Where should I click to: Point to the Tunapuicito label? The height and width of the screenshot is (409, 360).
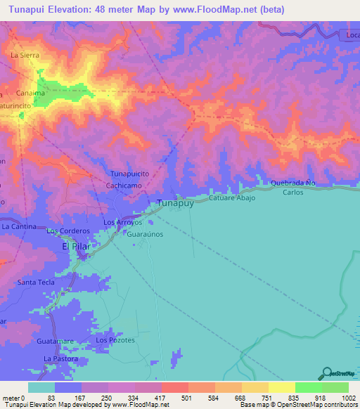pyautogui.click(x=129, y=173)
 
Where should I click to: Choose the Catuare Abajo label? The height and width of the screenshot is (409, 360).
pyautogui.click(x=231, y=199)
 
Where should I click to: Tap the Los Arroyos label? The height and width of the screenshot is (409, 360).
pyautogui.click(x=123, y=223)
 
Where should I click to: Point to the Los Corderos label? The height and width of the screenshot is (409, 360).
pyautogui.click(x=68, y=231)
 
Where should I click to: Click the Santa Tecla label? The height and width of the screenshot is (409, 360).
pyautogui.click(x=36, y=282)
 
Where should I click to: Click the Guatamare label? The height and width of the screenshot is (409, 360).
pyautogui.click(x=56, y=341)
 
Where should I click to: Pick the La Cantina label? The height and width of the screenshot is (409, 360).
pyautogui.click(x=19, y=227)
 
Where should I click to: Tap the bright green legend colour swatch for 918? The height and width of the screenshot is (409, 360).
pyautogui.click(x=308, y=387)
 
